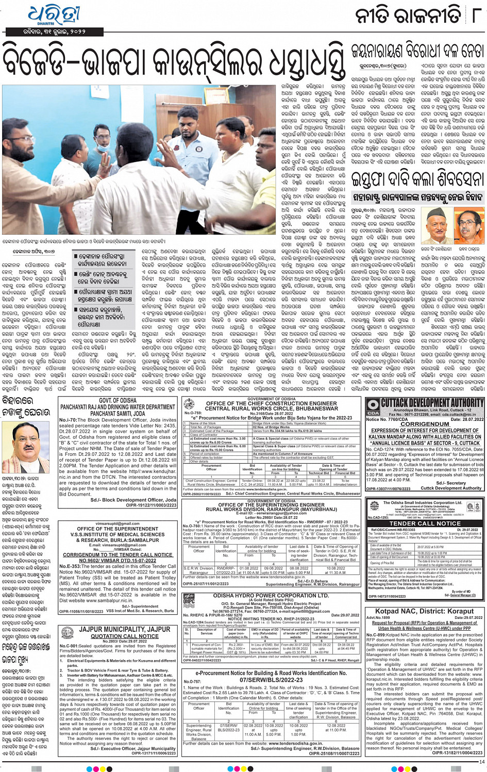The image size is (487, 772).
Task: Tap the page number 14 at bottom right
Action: pyautogui.click(x=481, y=761)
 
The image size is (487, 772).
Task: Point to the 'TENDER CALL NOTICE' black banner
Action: pyautogui.click(x=425, y=523)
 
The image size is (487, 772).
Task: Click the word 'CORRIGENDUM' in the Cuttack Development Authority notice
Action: pyautogui.click(x=425, y=424)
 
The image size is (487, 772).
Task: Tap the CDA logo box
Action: pyautogui.click(x=373, y=407)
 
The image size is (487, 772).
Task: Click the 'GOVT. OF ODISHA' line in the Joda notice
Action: pyautogui.click(x=117, y=400)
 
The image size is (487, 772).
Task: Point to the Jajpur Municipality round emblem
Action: pyautogui.click(x=67, y=633)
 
